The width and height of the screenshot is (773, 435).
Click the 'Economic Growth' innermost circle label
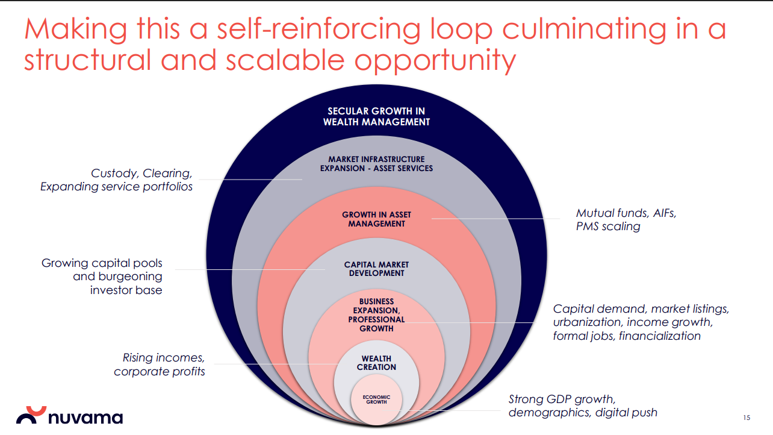coord(376,399)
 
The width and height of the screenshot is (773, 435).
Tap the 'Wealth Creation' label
coord(376,363)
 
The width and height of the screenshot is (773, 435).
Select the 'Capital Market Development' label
coord(376,269)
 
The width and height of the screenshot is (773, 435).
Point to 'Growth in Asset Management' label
coord(376,219)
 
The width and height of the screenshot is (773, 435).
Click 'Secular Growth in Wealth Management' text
coord(376,116)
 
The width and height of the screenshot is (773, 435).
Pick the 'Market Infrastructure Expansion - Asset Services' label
coord(376,164)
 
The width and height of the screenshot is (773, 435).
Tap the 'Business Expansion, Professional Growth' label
coord(376,315)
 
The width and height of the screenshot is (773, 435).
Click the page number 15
coord(747,418)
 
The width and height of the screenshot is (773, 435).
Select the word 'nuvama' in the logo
coord(85,418)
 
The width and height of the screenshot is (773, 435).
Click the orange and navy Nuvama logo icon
coord(31,415)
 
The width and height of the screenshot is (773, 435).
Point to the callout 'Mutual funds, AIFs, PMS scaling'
coord(626,219)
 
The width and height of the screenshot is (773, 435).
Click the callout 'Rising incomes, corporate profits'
coord(160,365)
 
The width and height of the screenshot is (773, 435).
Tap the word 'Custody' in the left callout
coord(114,174)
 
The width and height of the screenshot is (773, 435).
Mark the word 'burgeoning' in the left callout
coord(130,277)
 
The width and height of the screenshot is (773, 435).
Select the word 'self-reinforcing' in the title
coord(318,30)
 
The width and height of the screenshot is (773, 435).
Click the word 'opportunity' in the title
coord(435,61)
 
